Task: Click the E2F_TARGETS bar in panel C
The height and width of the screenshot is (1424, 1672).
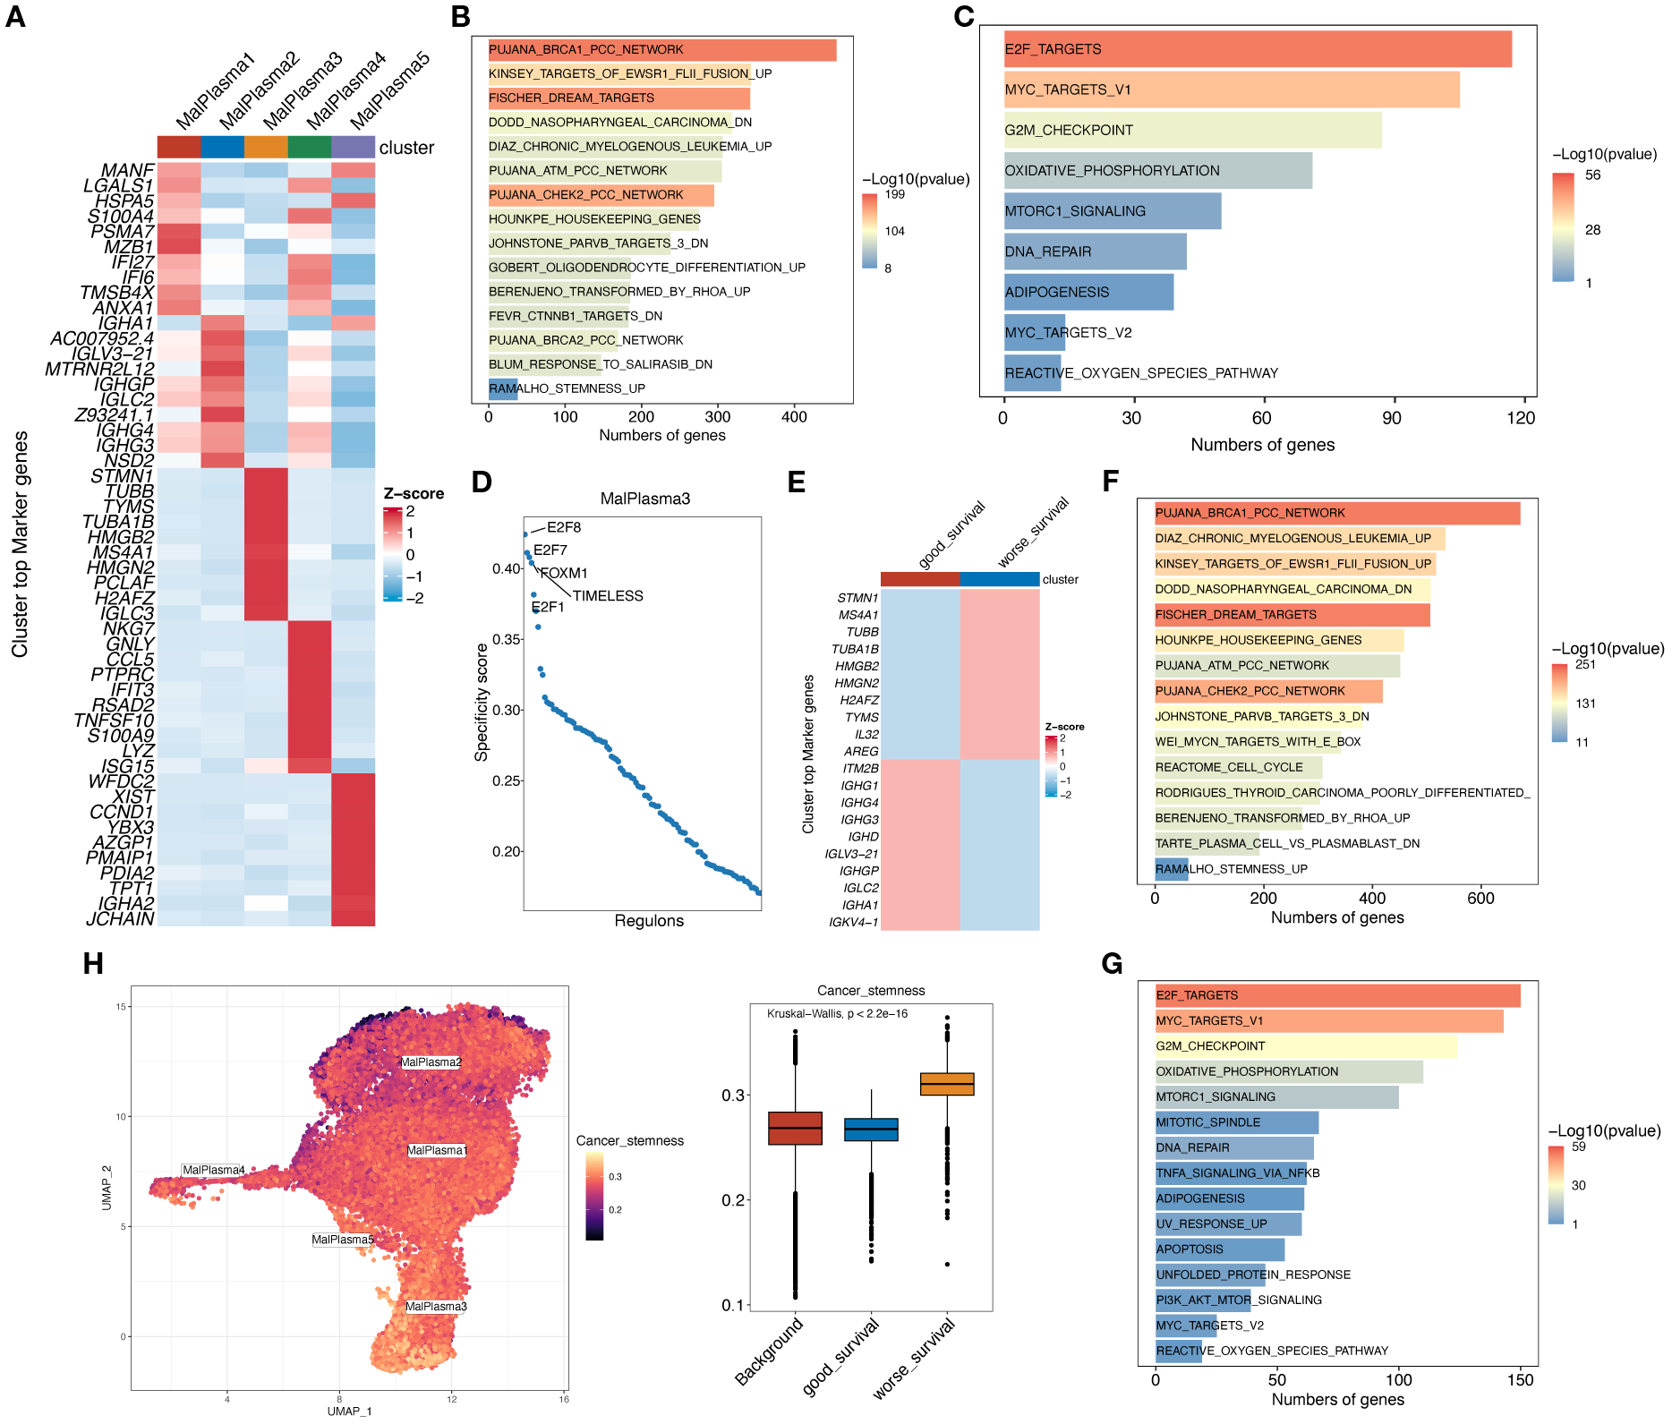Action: tap(1258, 49)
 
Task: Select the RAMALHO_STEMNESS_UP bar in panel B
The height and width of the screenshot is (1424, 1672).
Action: tap(503, 388)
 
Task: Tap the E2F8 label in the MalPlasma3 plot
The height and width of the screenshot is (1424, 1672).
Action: tap(564, 527)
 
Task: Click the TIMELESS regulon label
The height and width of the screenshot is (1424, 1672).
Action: tap(608, 596)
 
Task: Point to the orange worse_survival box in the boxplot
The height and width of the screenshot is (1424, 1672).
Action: tap(947, 1084)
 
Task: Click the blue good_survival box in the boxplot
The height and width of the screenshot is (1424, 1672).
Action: tap(871, 1130)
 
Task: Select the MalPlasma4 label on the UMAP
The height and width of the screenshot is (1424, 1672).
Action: tap(213, 1170)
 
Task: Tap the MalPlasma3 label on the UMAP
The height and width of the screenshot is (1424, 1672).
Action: tap(436, 1307)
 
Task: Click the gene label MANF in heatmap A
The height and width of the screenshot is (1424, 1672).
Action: tap(128, 170)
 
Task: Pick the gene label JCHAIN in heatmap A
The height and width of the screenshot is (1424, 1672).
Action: tap(121, 919)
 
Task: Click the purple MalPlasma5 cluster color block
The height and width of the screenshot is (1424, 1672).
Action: tap(353, 147)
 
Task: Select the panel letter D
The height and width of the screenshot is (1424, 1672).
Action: tap(482, 482)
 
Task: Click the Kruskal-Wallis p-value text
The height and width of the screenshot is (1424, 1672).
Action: tap(837, 1014)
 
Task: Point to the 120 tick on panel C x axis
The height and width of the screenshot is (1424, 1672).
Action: tap(1520, 418)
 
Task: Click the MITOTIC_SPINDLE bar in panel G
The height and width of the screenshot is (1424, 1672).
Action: tap(1236, 1122)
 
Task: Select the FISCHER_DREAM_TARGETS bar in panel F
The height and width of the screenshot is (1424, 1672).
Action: tap(1292, 615)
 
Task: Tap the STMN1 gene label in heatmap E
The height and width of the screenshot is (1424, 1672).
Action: tap(857, 598)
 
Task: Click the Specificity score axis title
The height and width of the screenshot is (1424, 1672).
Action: tap(482, 703)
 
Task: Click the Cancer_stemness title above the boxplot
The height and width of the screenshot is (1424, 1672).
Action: tap(870, 991)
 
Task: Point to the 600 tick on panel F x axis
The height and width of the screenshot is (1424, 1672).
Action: tap(1480, 899)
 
